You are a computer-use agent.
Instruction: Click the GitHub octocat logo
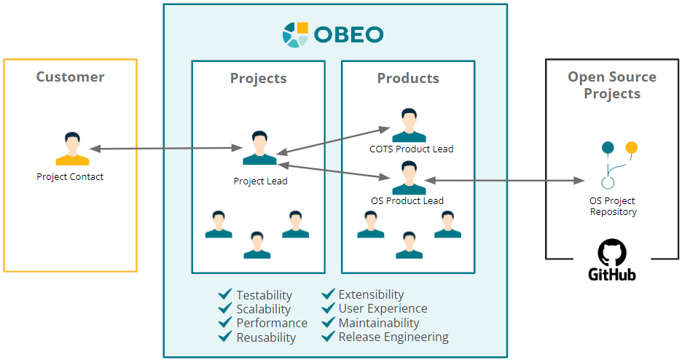pos(612,253)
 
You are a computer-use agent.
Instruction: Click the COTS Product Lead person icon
pos(409,125)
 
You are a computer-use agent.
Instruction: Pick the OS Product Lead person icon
pos(409,179)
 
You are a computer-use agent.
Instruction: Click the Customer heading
pos(71,77)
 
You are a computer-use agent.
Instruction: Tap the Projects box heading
pos(258,78)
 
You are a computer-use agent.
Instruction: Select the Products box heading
pos(408,78)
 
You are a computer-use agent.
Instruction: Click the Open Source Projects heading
pos(612,85)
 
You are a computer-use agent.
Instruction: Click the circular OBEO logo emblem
pos(297,34)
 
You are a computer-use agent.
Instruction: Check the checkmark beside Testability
pos(225,294)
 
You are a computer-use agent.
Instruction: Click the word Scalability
pos(263,309)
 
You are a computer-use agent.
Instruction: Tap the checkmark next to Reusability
pos(225,337)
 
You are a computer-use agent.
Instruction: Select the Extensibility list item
pos(371,294)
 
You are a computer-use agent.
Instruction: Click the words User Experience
pos(383,309)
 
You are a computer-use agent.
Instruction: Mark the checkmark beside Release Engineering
pos(328,337)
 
